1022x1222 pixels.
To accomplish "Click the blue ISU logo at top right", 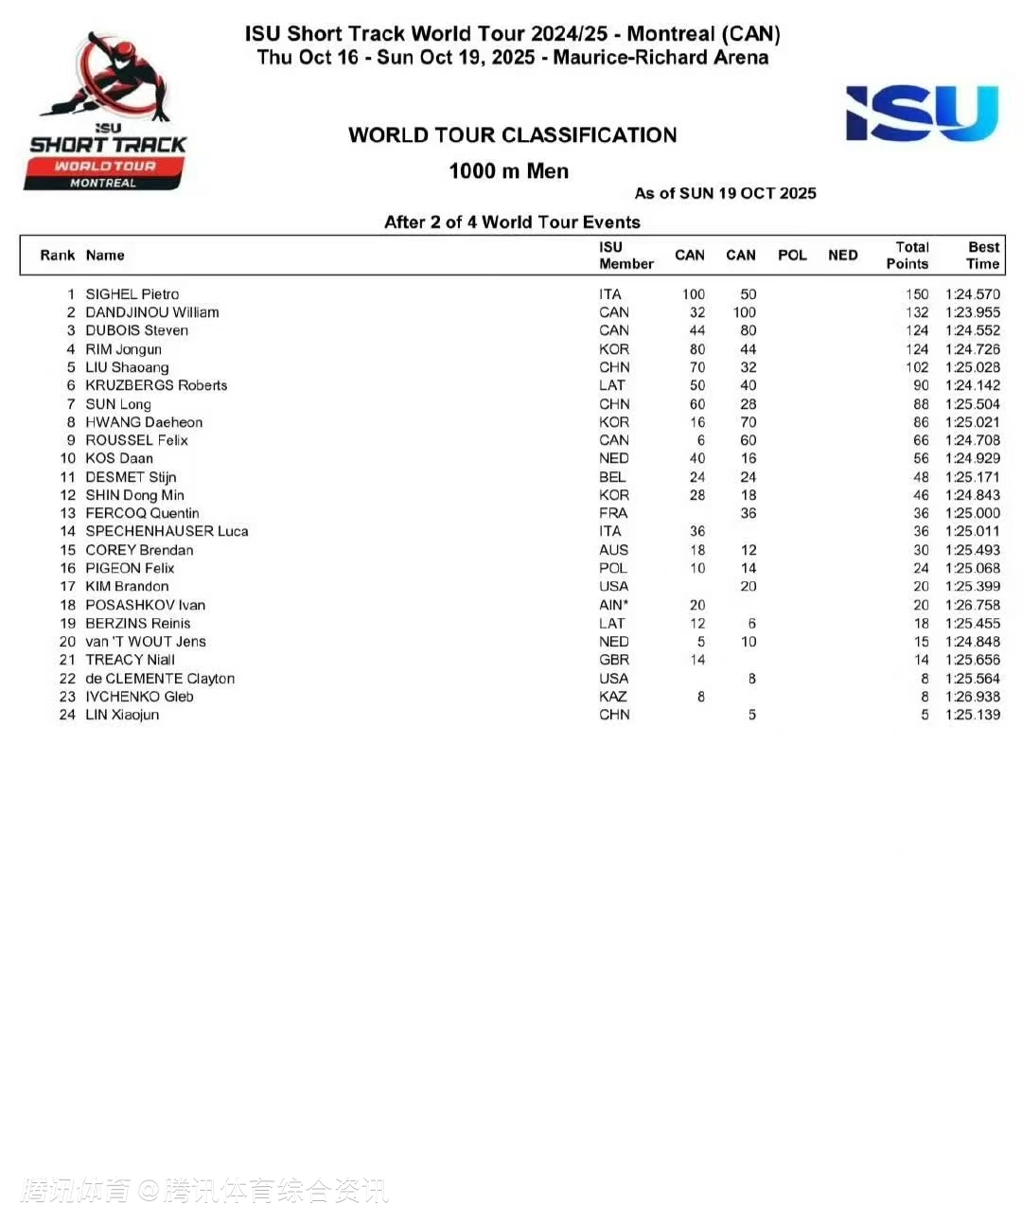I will (x=922, y=113).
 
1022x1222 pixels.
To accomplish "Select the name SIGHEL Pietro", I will (x=132, y=294).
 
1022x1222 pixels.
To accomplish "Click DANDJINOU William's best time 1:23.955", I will (x=972, y=312).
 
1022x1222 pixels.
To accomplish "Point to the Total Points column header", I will (x=907, y=256).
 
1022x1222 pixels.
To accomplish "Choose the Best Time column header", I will (x=983, y=256).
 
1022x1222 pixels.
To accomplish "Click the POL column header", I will (x=792, y=256).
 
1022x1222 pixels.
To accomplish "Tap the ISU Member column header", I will (x=626, y=256).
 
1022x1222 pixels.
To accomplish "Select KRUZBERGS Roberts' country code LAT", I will (x=612, y=385).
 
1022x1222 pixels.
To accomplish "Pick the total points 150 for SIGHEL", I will (x=917, y=294).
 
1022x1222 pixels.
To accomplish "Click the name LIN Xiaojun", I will (x=122, y=715).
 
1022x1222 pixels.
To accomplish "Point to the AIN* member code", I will (x=612, y=605).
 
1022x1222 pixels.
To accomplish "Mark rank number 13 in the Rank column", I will (x=67, y=513).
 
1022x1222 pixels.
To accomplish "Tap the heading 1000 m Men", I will (x=509, y=171).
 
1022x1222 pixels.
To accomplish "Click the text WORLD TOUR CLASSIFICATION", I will (x=512, y=135).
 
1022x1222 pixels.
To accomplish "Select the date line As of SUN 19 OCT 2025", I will (x=725, y=194).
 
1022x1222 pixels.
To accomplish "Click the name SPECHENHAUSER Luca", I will (x=167, y=531).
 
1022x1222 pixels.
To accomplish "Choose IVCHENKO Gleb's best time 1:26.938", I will (x=972, y=697).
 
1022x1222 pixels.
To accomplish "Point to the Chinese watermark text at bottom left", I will (x=204, y=1190).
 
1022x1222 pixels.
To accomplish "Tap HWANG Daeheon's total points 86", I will (x=921, y=422).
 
